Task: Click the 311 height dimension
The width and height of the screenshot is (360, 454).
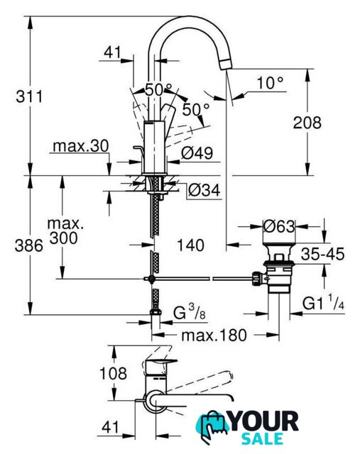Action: [29, 96]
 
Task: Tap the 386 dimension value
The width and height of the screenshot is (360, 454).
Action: [28, 246]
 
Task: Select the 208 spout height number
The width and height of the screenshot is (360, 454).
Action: [307, 123]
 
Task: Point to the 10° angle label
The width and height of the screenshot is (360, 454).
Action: [270, 83]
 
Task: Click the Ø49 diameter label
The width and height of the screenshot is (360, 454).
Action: [197, 153]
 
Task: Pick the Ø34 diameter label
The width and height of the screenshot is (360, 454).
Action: [204, 190]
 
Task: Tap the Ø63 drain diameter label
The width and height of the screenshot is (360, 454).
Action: [279, 226]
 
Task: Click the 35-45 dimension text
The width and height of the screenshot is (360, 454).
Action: [322, 254]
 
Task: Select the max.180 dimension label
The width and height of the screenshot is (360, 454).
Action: [214, 336]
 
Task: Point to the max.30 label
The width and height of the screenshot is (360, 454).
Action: [81, 146]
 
